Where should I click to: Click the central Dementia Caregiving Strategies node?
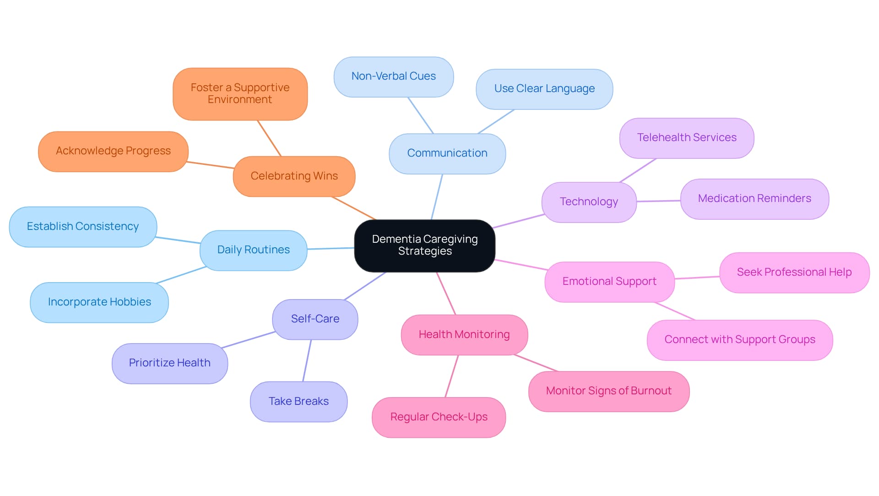[424, 245]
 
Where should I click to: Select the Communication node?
[447, 153]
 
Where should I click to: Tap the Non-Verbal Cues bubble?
[394, 76]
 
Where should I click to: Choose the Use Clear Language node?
[544, 89]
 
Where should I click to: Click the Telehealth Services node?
[687, 138]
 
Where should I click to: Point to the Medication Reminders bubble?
[754, 199]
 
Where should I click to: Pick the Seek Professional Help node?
[794, 273]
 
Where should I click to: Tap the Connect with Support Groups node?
[740, 340]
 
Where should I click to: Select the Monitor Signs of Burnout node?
[609, 391]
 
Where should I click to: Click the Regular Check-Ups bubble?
[439, 417]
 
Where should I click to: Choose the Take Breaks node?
[298, 402]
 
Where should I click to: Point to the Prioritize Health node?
[170, 363]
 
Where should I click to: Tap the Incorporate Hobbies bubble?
[99, 302]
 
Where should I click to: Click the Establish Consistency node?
[83, 227]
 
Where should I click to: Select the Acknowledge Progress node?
[113, 151]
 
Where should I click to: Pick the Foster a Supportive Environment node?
[240, 94]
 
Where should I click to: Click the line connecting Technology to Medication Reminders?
[658, 201]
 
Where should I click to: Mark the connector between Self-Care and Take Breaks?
[307, 360]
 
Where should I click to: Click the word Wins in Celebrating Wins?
[326, 176]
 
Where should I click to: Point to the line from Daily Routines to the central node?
[331, 248]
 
